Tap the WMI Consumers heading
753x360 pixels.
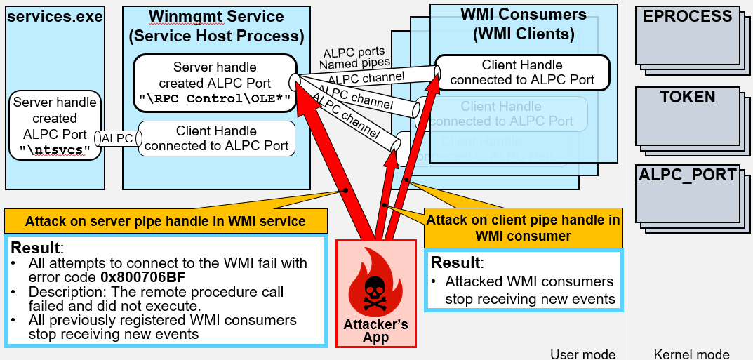click(524, 24)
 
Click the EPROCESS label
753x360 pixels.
click(687, 16)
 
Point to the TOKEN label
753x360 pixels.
click(687, 98)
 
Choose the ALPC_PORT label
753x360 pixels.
click(688, 175)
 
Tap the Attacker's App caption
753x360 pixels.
click(375, 331)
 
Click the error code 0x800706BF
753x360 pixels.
click(142, 277)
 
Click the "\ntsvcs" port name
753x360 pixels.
click(55, 149)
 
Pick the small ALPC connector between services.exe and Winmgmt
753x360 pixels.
click(117, 139)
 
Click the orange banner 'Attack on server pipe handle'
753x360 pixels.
click(165, 222)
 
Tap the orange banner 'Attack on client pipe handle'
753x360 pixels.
click(523, 228)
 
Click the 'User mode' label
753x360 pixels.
click(582, 354)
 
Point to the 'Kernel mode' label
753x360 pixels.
click(691, 354)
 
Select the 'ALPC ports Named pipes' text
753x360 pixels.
click(354, 58)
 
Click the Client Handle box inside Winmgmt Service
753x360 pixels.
click(216, 139)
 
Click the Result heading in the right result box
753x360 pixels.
click(457, 263)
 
